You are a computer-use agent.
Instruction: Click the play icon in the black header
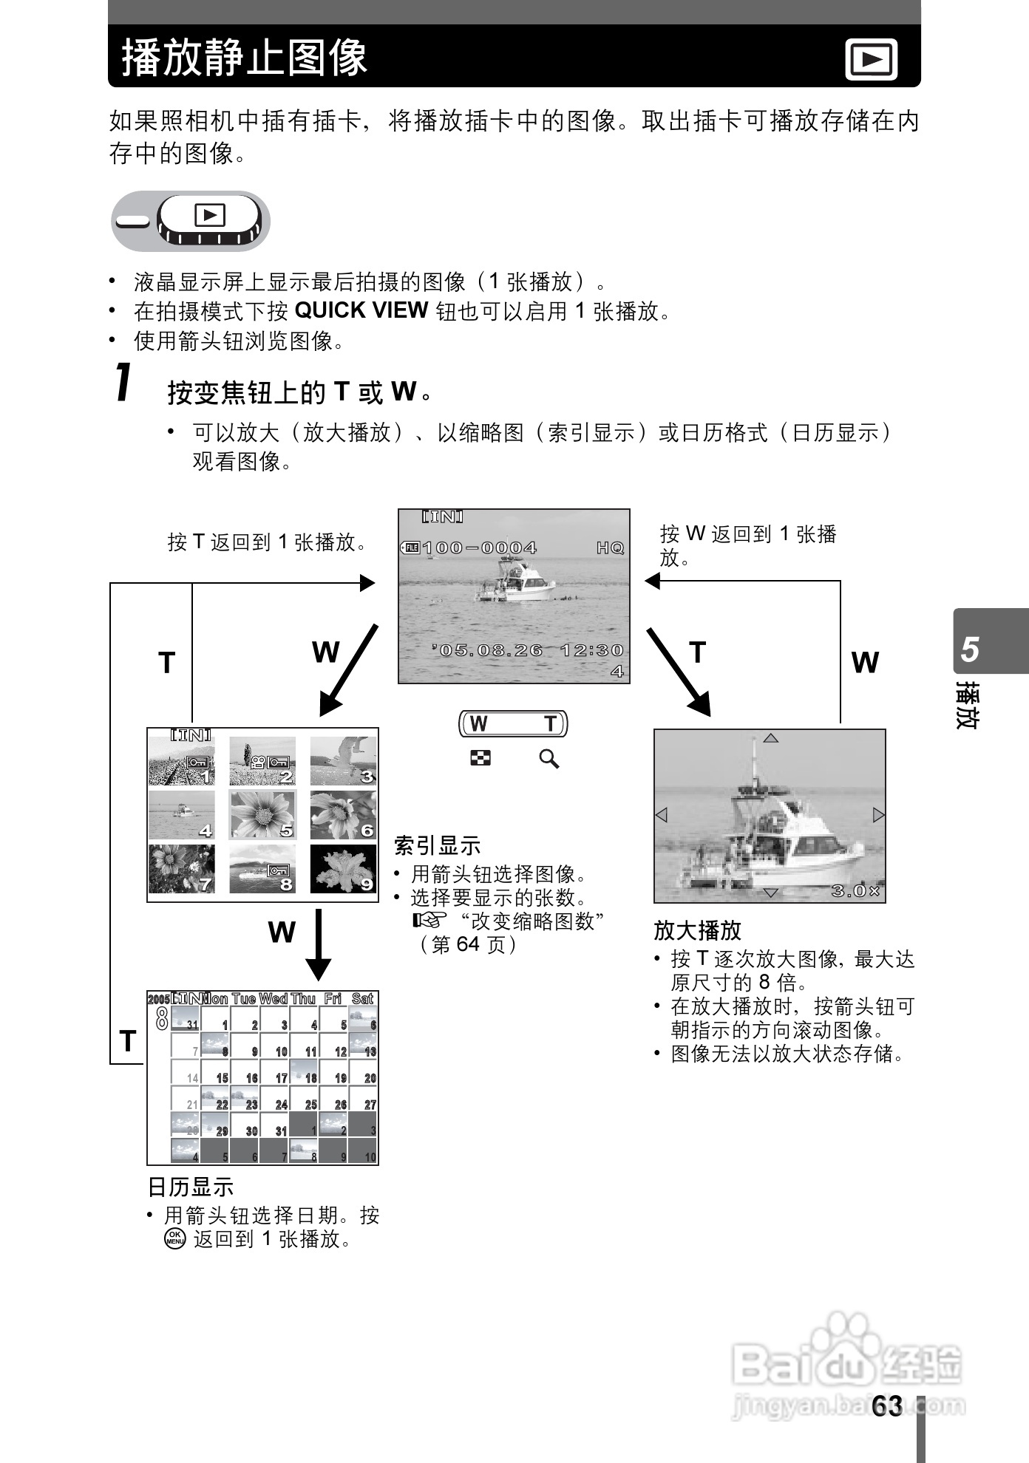click(871, 59)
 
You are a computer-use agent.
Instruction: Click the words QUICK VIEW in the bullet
click(361, 310)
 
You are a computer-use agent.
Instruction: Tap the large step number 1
click(125, 383)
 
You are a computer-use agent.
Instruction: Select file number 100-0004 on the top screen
click(479, 548)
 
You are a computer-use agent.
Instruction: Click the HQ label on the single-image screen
click(611, 548)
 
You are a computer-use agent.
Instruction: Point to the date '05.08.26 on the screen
click(491, 650)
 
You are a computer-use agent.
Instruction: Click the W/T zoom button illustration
click(514, 723)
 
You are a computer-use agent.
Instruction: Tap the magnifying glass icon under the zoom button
click(549, 759)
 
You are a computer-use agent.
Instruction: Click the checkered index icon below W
click(480, 758)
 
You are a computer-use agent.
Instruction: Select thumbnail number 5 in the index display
click(262, 814)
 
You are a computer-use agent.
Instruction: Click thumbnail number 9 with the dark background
click(343, 869)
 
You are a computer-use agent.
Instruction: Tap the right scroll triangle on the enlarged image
click(878, 815)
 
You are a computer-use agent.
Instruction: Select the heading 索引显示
click(437, 845)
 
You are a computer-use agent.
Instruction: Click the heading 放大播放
click(697, 930)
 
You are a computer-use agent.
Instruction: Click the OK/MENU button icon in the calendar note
click(174, 1239)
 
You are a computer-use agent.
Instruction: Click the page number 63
click(886, 1405)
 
